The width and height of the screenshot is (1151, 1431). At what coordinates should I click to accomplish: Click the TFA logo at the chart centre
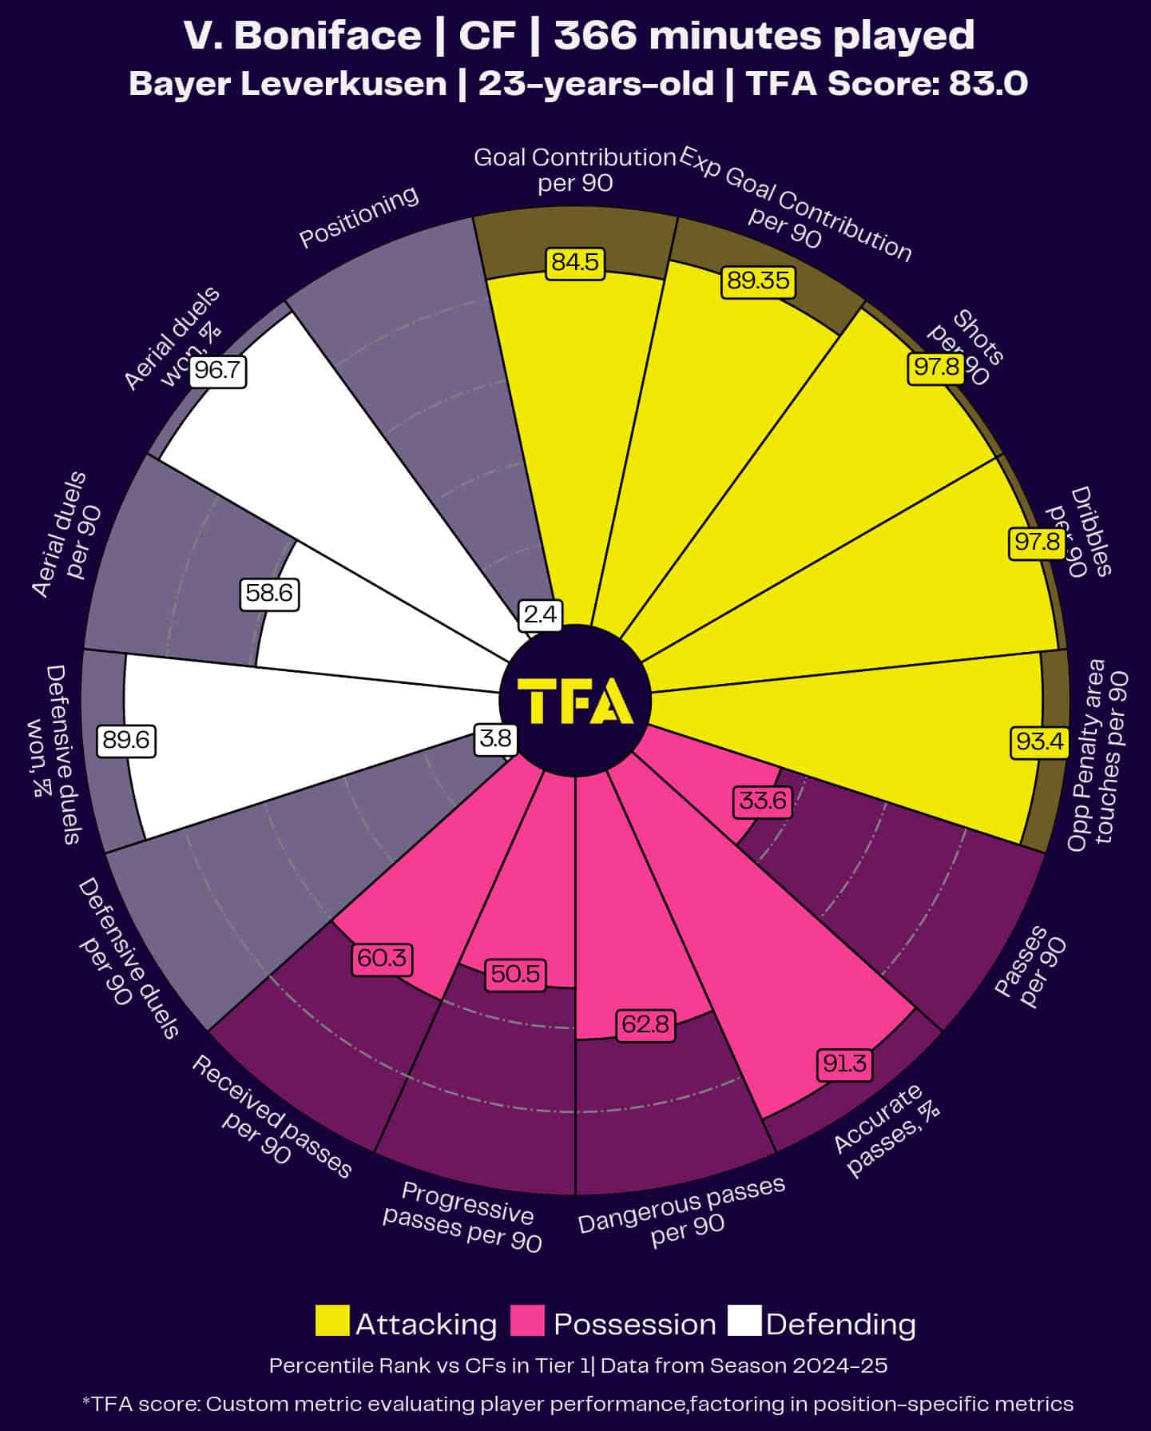click(x=575, y=701)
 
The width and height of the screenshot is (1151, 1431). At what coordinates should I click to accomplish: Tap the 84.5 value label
click(x=575, y=263)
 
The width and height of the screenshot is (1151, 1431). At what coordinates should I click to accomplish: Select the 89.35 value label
click(x=757, y=281)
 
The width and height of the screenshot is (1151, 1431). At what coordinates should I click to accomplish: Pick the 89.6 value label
click(x=126, y=741)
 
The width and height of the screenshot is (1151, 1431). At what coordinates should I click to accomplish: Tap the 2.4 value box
click(x=541, y=614)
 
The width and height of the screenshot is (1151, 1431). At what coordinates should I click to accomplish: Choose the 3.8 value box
click(x=494, y=738)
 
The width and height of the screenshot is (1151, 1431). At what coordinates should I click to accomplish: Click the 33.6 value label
click(x=763, y=801)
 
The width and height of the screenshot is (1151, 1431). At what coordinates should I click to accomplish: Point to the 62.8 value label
click(x=645, y=1024)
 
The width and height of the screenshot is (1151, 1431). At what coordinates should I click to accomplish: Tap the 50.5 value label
click(x=515, y=975)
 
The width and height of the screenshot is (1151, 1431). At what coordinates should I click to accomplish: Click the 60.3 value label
click(x=382, y=958)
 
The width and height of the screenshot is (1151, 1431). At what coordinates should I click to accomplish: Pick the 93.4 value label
click(x=1038, y=741)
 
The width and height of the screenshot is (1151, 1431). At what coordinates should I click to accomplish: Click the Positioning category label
click(x=359, y=217)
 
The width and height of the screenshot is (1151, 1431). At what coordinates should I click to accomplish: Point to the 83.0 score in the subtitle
click(x=987, y=83)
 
